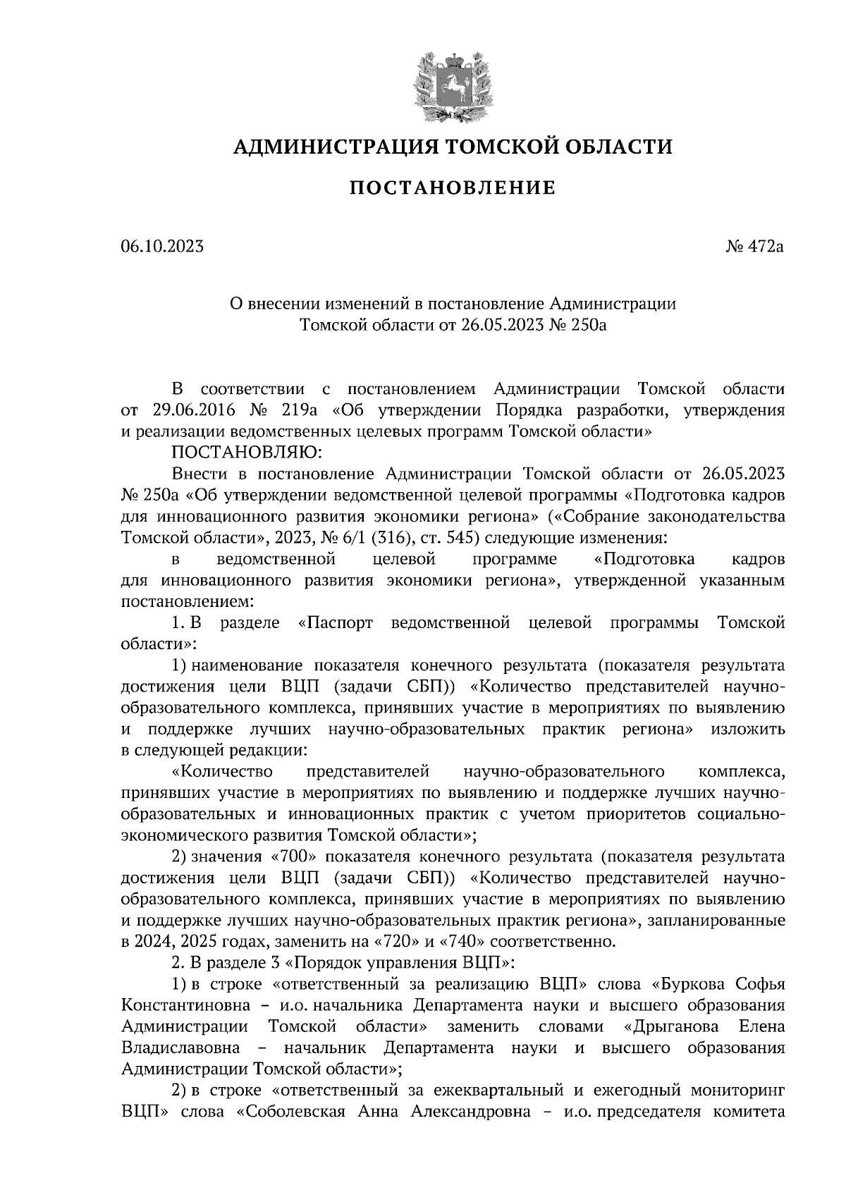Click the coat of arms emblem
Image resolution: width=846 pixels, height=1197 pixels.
453,86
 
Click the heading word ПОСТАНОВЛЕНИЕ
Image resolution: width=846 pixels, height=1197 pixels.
453,188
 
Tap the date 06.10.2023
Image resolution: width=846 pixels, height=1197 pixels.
162,247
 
